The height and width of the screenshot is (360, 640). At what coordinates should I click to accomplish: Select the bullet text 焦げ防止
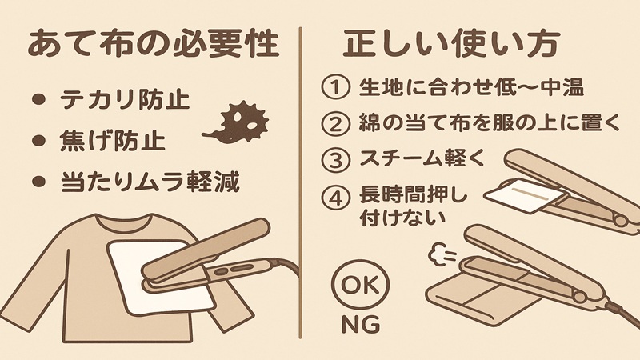click(x=113, y=142)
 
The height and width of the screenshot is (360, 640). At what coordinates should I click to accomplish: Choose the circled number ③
click(x=335, y=158)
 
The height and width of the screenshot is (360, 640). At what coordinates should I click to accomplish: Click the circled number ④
click(x=335, y=197)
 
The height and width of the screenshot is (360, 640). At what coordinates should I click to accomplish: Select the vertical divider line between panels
click(x=301, y=180)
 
